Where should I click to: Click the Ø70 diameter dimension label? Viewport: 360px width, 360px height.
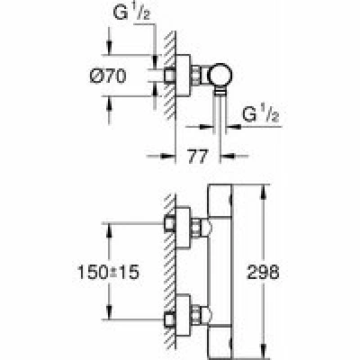click(108, 76)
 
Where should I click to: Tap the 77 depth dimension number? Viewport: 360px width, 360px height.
click(198, 157)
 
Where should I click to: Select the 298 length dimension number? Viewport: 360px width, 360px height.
click(263, 273)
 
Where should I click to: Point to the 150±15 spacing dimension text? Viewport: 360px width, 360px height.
click(108, 273)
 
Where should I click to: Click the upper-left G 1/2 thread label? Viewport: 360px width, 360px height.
click(131, 13)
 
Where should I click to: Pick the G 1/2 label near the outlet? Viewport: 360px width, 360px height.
click(260, 114)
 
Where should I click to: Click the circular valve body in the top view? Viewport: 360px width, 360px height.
click(220, 75)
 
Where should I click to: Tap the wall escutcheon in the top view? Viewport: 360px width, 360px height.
click(183, 76)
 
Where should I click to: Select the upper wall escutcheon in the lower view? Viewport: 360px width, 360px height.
click(183, 228)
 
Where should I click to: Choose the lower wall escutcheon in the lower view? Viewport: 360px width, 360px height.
click(183, 315)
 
